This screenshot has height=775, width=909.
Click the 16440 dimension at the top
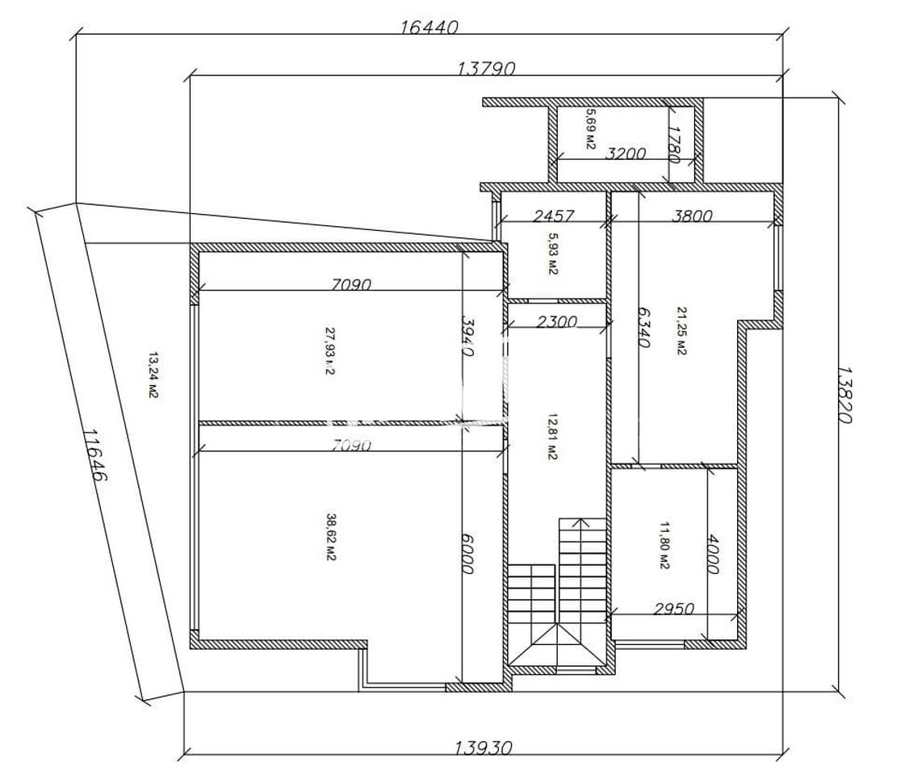429,27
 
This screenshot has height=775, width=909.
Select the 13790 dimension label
486,69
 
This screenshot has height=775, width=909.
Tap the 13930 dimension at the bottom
484,748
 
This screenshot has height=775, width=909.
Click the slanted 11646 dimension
95,455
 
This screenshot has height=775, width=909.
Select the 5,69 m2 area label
591,128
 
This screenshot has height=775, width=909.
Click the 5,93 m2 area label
552,253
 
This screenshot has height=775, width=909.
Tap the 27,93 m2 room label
330,351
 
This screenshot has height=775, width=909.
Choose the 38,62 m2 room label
331,538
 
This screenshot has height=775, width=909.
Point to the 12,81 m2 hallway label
552,437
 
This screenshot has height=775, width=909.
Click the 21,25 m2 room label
681,330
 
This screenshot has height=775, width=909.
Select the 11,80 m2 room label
664,546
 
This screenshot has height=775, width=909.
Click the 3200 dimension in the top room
626,153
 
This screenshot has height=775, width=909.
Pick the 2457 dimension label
554,216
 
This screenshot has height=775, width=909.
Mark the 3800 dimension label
692,216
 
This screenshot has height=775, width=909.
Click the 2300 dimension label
556,321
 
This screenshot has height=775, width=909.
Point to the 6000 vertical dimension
468,554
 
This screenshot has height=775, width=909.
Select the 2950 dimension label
673,609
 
